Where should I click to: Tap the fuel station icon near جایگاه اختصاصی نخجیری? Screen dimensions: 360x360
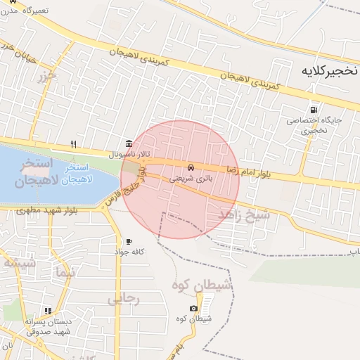(313, 110)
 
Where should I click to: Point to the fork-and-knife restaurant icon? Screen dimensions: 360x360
(73, 145)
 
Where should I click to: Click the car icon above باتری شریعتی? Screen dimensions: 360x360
(191, 168)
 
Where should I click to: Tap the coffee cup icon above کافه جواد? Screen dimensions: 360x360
(129, 242)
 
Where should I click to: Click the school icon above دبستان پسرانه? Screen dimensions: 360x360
(48, 310)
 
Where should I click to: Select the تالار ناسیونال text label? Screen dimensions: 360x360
(124, 153)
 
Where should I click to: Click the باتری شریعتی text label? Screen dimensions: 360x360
(191, 179)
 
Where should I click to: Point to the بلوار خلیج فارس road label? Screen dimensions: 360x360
(127, 186)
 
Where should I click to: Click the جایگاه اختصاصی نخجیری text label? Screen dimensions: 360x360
(314, 124)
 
